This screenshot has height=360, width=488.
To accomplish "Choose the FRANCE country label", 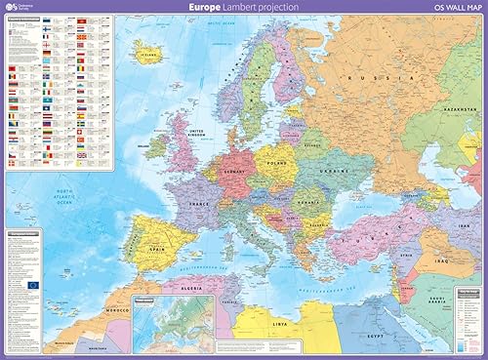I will coord(200,205).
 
